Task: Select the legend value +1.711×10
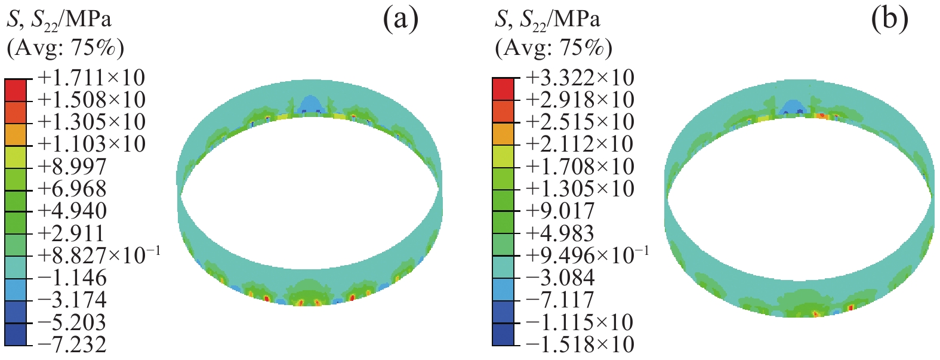click(x=91, y=78)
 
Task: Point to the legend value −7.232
click(x=72, y=344)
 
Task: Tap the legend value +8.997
click(x=72, y=167)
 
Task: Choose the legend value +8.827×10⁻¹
click(x=99, y=255)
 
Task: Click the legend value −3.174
click(x=72, y=300)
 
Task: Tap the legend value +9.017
click(x=560, y=211)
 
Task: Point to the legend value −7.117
click(x=560, y=300)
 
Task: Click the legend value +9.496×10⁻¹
click(x=587, y=255)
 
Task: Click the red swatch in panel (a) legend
click(x=16, y=90)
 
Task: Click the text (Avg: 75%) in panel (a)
click(x=65, y=48)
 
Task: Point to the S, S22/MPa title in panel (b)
click(x=547, y=20)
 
